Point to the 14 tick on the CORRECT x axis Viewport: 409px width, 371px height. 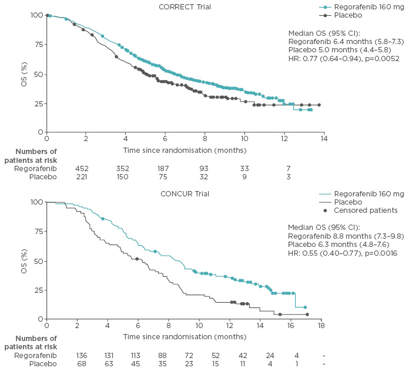(323, 139)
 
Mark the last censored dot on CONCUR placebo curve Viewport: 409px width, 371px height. (307, 314)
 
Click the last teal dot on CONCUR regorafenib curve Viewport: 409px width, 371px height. (305, 308)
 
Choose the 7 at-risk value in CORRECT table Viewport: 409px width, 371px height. (288, 168)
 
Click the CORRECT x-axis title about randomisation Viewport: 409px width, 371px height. (185, 150)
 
